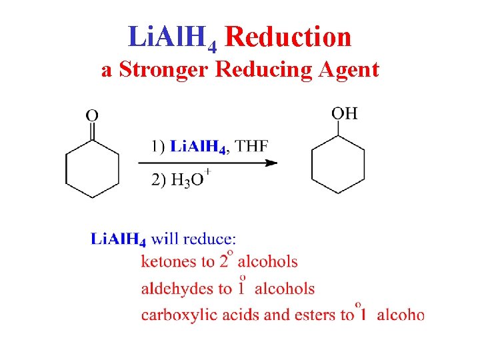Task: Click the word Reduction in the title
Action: tap(288, 37)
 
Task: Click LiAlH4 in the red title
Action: tap(172, 38)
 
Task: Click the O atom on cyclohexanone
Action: tap(92, 115)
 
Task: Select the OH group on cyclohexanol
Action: tap(345, 113)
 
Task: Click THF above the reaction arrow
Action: tap(252, 145)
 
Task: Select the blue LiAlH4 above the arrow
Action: tap(199, 146)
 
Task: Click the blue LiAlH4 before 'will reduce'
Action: tap(119, 239)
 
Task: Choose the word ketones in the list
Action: tap(167, 261)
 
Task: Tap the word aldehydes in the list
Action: tap(173, 288)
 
